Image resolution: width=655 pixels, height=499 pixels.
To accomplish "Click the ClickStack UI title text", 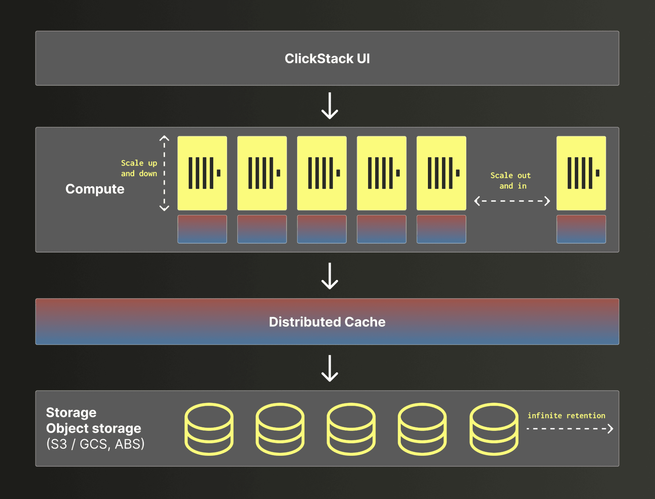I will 327,59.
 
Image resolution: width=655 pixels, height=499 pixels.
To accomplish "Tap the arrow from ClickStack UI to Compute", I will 329,106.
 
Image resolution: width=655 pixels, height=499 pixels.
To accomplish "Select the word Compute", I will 95,189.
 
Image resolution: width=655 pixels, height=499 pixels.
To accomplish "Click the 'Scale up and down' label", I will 139,168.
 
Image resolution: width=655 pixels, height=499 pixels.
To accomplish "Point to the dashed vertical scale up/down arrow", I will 164,173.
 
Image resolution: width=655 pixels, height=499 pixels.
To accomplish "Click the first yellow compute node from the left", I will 202,173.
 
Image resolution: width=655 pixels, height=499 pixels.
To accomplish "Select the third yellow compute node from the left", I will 322,173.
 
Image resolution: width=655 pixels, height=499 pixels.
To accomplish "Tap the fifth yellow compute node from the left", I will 441,173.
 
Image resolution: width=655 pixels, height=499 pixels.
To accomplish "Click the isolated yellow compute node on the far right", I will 581,173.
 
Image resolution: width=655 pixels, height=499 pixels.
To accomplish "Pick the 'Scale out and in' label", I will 511,180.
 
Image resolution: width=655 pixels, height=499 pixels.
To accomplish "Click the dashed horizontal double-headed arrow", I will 512,201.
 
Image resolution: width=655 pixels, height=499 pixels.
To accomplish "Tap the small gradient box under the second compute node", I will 262,229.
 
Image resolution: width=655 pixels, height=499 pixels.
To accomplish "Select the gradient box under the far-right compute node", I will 581,229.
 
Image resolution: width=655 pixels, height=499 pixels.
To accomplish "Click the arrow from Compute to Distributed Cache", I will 329,276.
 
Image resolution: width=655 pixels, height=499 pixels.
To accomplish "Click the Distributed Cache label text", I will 327,322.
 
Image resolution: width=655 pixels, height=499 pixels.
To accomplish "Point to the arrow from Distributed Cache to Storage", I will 329,368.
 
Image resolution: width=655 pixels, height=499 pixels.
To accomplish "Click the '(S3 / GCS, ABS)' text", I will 95,444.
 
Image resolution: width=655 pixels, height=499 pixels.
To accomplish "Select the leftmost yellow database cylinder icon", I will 209,429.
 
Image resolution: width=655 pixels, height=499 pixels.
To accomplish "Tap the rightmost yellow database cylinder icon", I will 494,429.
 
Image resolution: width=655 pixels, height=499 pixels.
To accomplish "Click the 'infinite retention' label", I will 566,416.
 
